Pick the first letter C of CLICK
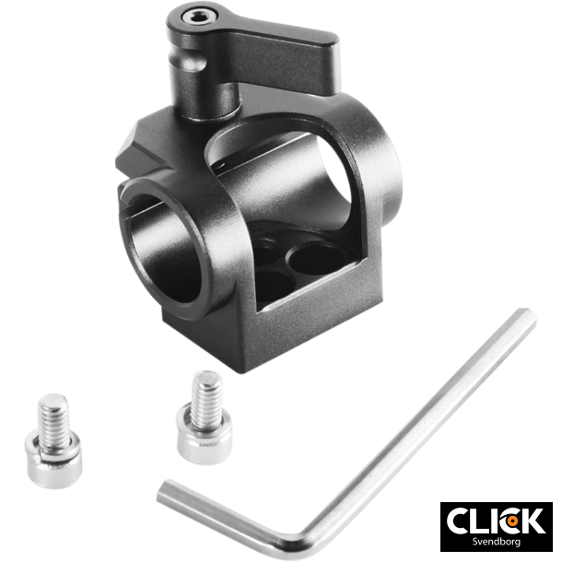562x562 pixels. coord(458,521)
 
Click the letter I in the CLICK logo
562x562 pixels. coord(491,521)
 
